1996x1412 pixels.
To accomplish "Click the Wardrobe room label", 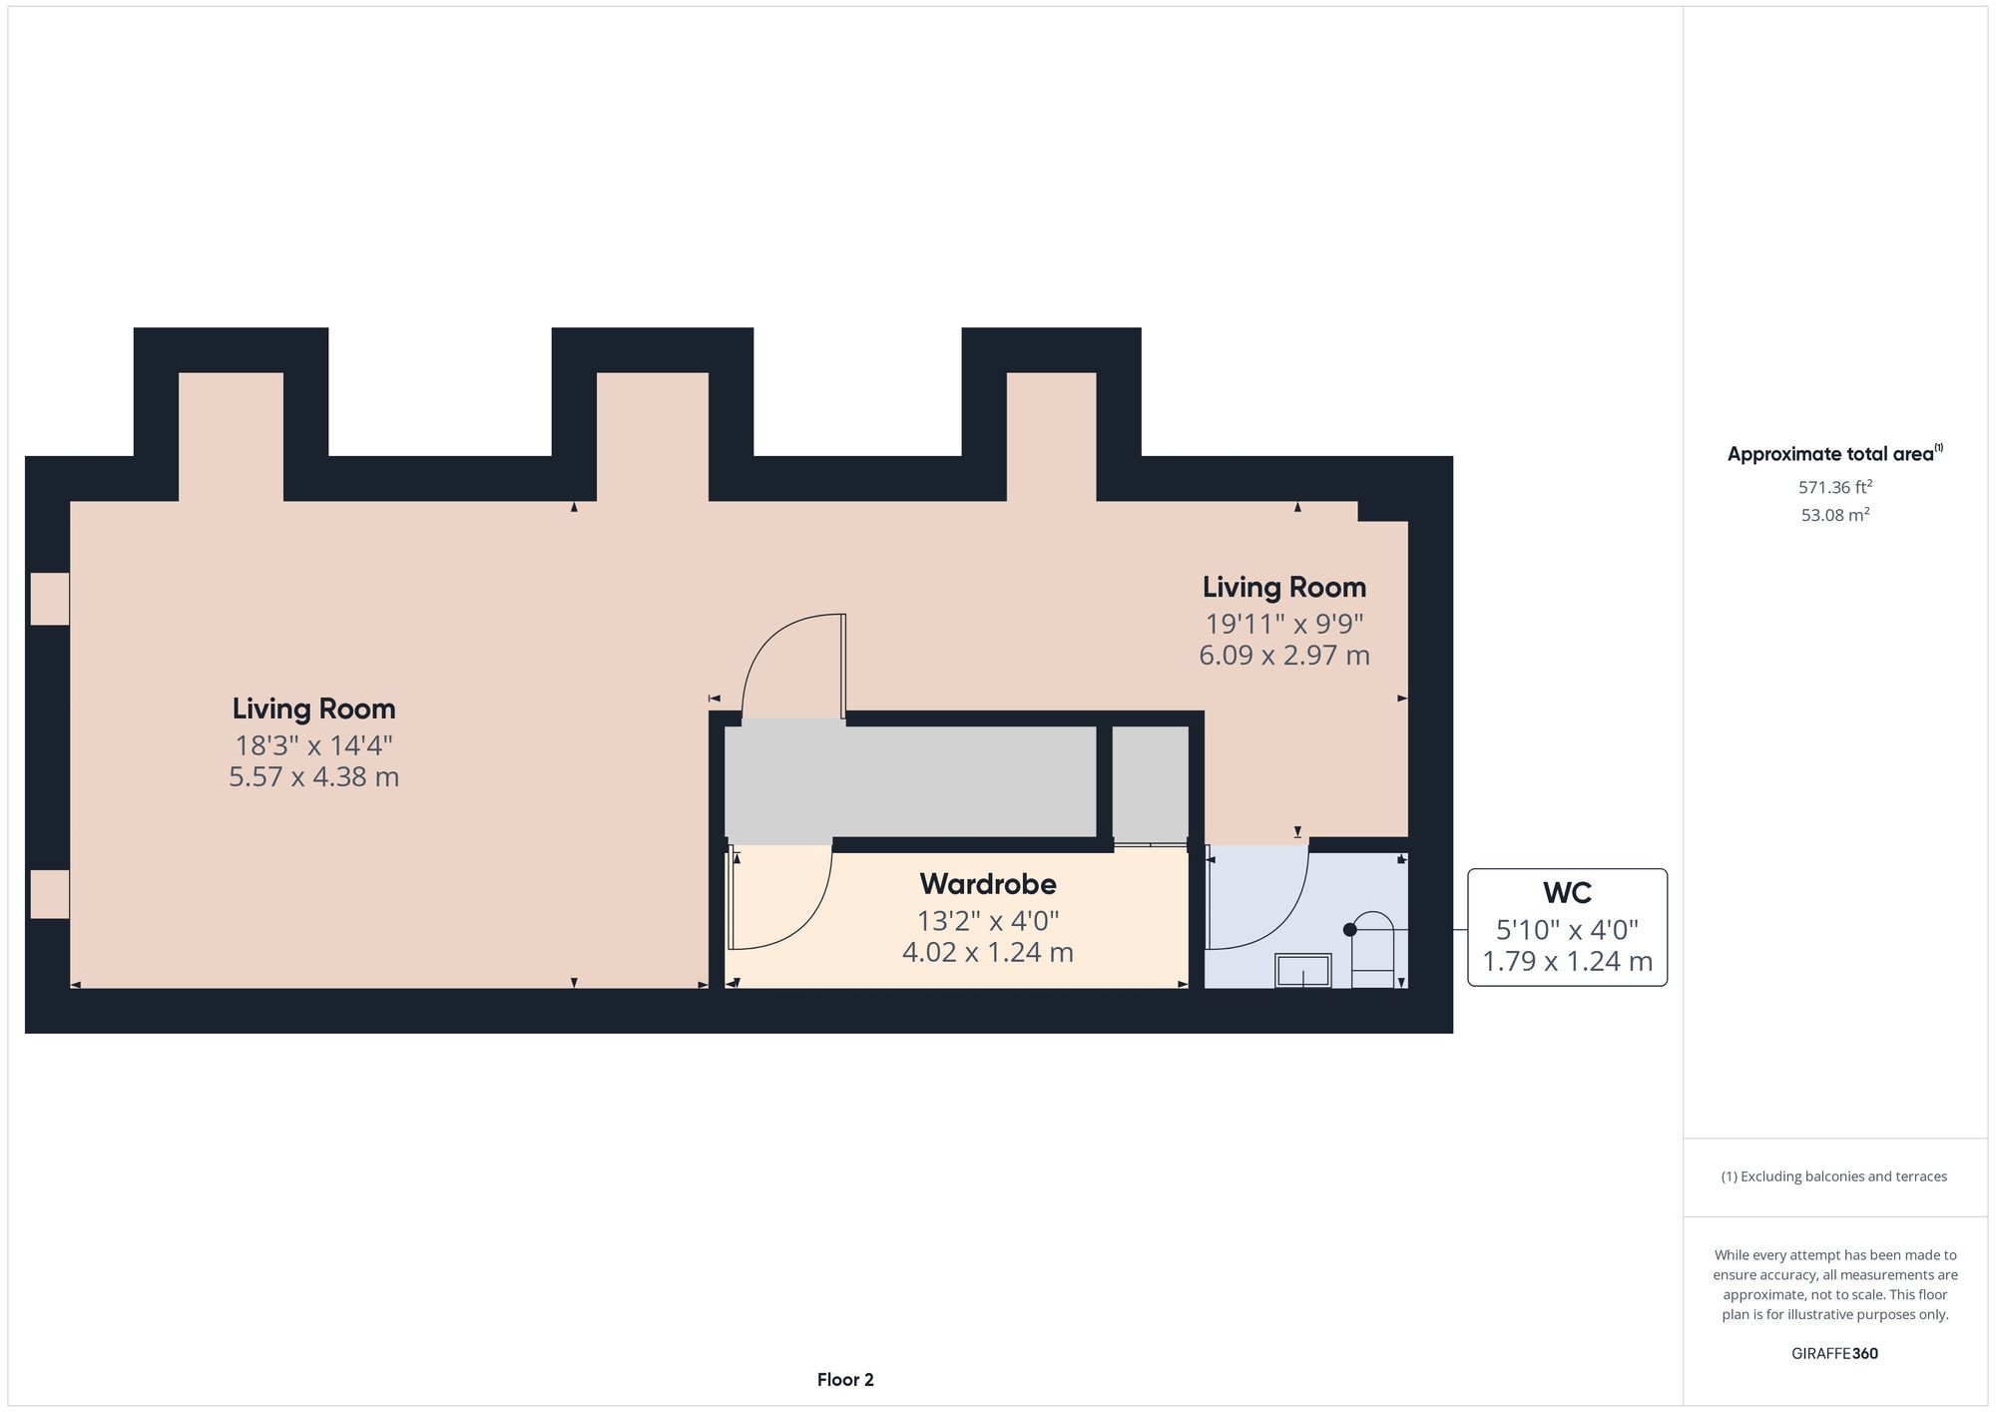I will coord(987,884).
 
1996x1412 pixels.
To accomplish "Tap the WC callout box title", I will coord(1566,892).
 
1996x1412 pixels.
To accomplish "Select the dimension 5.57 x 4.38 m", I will coord(313,777).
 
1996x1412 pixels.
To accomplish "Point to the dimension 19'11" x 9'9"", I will coord(1283,625).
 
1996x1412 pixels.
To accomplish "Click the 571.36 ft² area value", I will coord(1834,488).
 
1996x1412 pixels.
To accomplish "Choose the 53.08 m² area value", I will coord(1834,516).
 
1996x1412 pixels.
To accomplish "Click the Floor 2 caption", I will coord(845,1380).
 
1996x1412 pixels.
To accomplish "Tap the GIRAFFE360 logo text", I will coord(1834,1354).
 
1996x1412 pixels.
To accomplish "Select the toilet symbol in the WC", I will coord(1374,948).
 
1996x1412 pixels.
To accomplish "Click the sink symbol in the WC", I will coord(1302,971).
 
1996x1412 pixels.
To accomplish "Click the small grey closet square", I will coord(1150,781).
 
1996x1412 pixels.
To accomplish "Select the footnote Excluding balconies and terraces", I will coord(1834,1177).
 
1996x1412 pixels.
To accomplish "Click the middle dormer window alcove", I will coord(653,436).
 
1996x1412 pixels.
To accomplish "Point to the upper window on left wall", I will coord(49,599).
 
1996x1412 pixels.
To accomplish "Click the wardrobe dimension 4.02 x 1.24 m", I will coord(987,953).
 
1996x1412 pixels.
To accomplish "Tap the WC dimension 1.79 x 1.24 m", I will coord(1566,962).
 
